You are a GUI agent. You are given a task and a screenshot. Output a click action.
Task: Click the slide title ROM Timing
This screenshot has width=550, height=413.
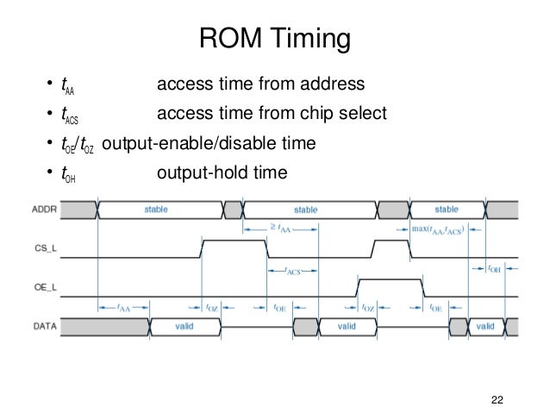275,40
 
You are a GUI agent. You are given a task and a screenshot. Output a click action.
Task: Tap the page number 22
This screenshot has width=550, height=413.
495,397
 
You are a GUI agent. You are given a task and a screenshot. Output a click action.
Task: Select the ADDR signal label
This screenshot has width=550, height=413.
45,209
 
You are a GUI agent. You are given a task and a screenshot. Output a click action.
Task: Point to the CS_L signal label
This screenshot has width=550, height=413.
45,254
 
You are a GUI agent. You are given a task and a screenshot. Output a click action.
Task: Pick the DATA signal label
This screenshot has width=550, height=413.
45,327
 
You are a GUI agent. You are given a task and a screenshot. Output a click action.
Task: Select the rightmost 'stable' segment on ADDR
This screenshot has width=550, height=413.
447,210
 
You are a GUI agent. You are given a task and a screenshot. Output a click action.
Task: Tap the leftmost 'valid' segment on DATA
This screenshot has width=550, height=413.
184,327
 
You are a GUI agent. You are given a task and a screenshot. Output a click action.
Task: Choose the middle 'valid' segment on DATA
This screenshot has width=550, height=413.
347,327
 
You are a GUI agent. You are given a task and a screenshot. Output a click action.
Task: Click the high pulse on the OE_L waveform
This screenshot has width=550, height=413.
391,281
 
